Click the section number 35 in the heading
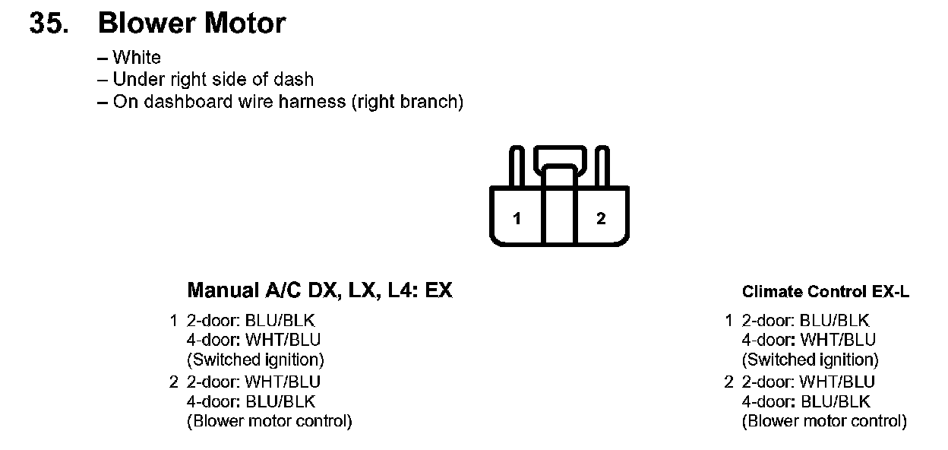click(47, 24)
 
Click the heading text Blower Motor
click(191, 24)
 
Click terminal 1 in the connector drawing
click(517, 219)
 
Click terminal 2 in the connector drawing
click(601, 219)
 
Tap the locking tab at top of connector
click(559, 158)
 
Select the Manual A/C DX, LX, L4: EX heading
click(319, 291)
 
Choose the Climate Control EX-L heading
click(825, 292)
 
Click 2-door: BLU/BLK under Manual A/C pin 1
click(251, 321)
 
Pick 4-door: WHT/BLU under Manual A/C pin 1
click(254, 341)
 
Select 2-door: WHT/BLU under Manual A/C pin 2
click(254, 382)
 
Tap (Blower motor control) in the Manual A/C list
click(269, 421)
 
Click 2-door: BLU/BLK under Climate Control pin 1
click(805, 321)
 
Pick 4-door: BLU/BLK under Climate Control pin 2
click(805, 401)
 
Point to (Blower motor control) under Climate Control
click(824, 421)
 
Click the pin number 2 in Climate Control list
click(729, 382)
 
